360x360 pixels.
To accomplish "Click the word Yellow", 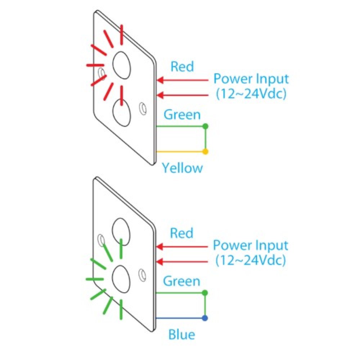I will (182, 168).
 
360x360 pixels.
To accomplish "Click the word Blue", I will (182, 335).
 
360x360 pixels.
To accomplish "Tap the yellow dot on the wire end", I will (205, 152).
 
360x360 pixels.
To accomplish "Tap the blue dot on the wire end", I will (205, 318).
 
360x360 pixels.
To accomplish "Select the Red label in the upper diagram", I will (182, 67).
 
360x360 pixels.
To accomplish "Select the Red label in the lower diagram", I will (181, 233).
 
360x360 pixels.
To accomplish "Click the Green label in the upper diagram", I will (182, 115).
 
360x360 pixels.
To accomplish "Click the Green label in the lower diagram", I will (181, 281).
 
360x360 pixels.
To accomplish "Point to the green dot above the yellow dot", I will (205, 126).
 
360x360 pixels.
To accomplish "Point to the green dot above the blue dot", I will (205, 293).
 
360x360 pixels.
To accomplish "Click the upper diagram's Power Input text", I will (251, 78).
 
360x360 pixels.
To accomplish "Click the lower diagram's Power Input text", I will (251, 245).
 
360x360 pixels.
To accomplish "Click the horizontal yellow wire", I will (180, 152).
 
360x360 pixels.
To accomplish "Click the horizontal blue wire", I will (180, 318).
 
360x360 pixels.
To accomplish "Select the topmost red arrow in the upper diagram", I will (184, 80).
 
